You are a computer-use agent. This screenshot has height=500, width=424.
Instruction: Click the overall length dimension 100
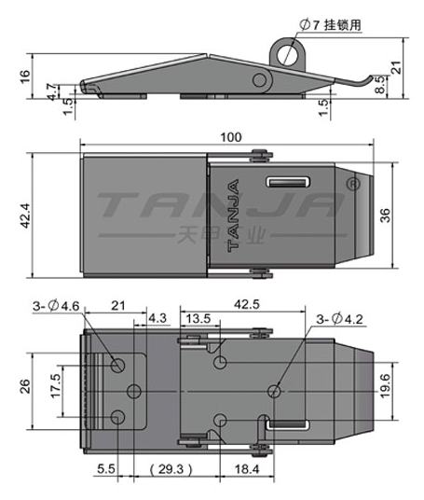[231, 137]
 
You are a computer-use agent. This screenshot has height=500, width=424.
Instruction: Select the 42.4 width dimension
[25, 215]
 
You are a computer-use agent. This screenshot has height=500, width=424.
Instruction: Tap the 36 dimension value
[385, 215]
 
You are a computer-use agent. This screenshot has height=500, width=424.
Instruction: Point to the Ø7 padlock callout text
[331, 24]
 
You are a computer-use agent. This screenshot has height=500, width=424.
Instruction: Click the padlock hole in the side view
[287, 54]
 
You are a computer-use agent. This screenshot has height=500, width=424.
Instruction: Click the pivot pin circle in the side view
[260, 79]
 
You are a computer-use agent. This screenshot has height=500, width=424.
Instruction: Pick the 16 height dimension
[25, 76]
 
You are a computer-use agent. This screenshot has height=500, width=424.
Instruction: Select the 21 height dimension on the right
[397, 67]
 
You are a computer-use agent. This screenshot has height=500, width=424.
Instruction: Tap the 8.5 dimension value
[380, 85]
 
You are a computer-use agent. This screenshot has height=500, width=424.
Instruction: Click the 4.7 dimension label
[52, 91]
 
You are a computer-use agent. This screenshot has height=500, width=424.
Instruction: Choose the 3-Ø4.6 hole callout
[56, 306]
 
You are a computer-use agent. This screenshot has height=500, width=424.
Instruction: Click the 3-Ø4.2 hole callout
[339, 319]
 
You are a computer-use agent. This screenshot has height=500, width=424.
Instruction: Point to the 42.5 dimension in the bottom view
[247, 304]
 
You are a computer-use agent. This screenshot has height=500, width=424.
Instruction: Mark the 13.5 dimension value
[198, 318]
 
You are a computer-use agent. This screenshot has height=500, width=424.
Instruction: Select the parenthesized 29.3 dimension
[171, 469]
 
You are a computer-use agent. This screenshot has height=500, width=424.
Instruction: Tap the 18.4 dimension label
[247, 469]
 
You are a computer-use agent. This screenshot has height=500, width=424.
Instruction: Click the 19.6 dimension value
[385, 386]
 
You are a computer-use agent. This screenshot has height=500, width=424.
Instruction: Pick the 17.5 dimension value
[56, 386]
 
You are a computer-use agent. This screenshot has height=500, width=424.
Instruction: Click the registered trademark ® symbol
[353, 185]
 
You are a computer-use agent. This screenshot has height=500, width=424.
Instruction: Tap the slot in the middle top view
[288, 182]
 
